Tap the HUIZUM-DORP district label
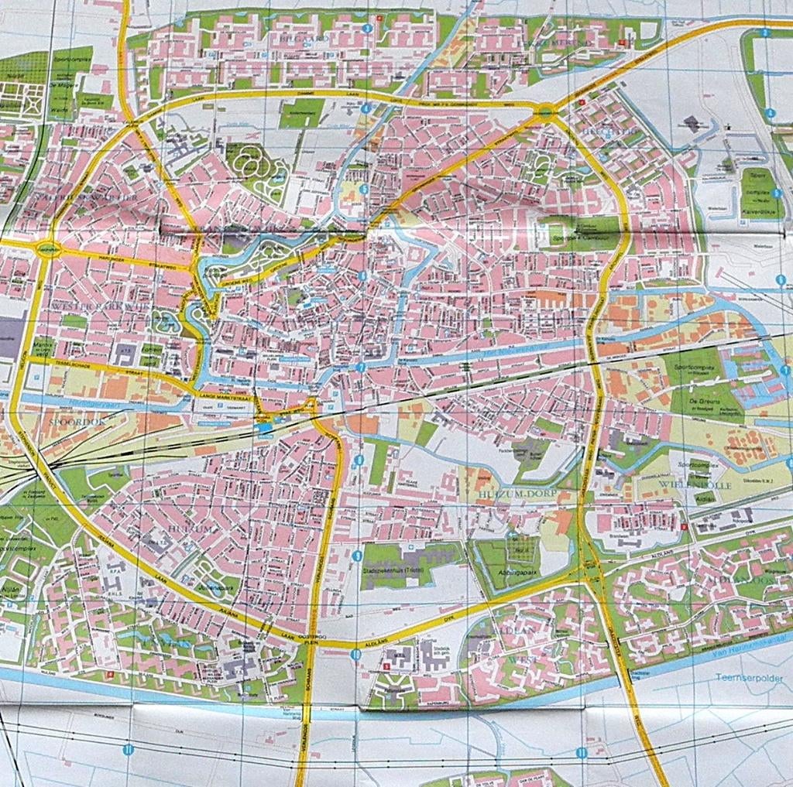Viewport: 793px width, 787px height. coord(510,481)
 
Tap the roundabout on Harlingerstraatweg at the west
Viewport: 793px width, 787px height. coord(49,248)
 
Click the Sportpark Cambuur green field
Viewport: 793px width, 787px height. coord(581,231)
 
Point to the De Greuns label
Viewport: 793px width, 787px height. coord(709,402)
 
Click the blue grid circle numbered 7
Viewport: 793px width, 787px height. coord(361,368)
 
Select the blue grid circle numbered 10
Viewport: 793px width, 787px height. coord(355,654)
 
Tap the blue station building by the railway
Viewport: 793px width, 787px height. coord(266,426)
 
